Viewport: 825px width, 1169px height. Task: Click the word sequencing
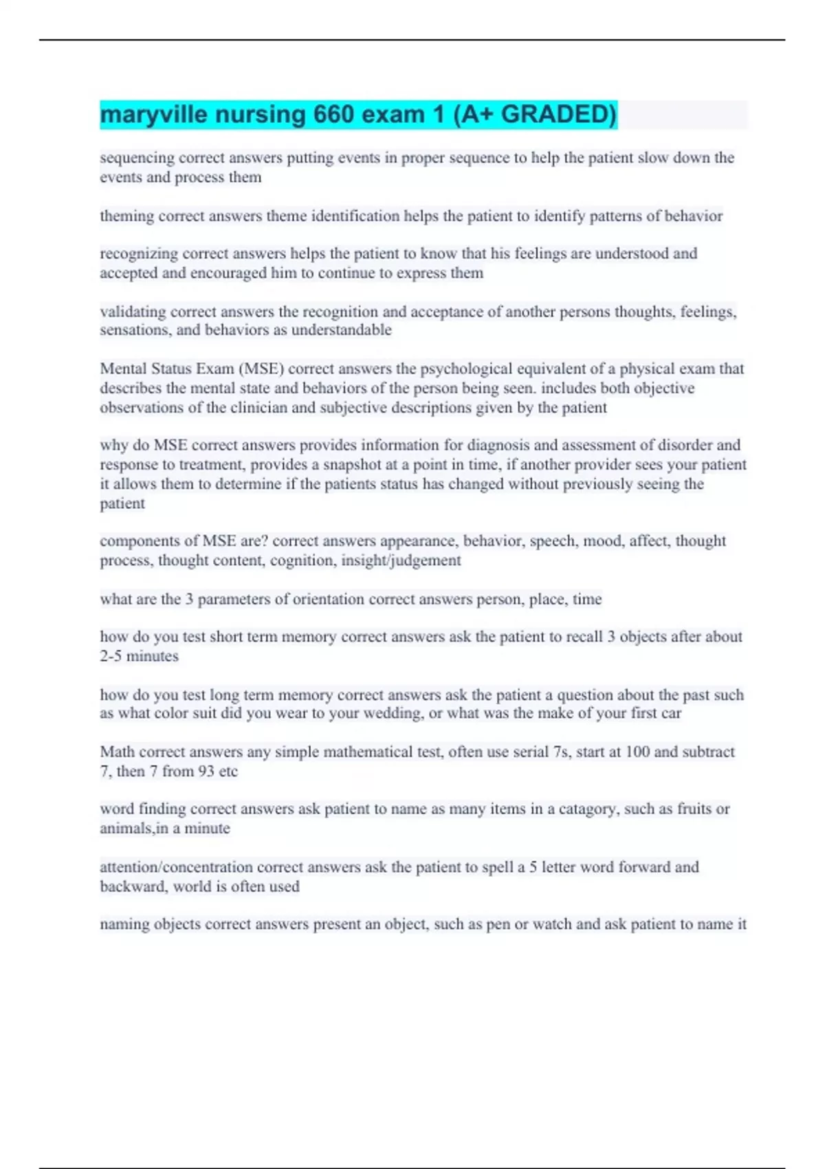pyautogui.click(x=137, y=158)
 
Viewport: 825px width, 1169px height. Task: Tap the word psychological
pyautogui.click(x=465, y=369)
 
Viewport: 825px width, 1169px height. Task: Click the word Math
pyautogui.click(x=117, y=752)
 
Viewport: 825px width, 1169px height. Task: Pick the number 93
pyautogui.click(x=206, y=772)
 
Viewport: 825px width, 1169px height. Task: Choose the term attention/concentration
pyautogui.click(x=176, y=867)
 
